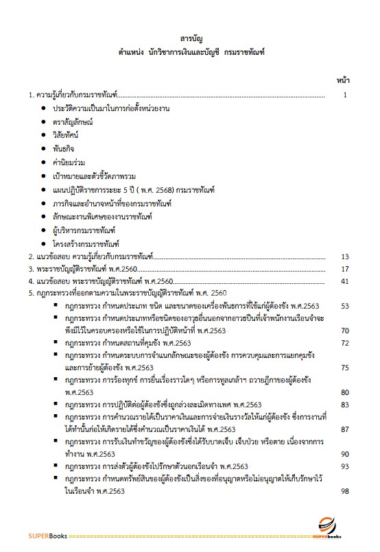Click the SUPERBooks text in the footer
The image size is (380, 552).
pos(28,536)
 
